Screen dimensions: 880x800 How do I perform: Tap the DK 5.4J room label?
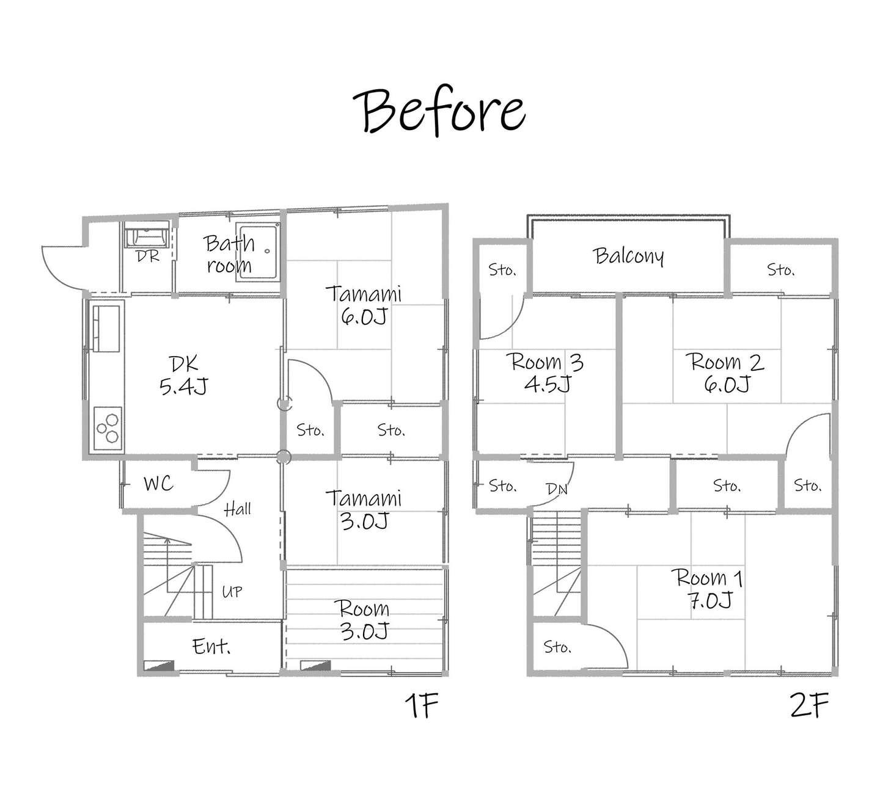[x=183, y=376]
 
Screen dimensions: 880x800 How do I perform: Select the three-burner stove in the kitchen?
[x=108, y=428]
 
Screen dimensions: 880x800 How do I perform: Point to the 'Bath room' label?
[x=229, y=254]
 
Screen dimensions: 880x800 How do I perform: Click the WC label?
[x=158, y=484]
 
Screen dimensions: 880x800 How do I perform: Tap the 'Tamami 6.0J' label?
[x=364, y=305]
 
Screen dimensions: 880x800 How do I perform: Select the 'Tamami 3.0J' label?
[x=364, y=509]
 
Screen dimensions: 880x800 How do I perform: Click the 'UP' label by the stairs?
[x=232, y=592]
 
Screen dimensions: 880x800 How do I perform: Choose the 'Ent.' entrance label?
[x=211, y=646]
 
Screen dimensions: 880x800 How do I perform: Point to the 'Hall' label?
[x=237, y=509]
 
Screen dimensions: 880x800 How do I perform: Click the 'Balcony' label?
[x=628, y=256]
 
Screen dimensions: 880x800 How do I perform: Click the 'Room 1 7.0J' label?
[x=706, y=589]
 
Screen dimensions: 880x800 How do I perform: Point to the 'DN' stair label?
[x=557, y=489]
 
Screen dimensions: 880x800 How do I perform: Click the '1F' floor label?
[x=421, y=705]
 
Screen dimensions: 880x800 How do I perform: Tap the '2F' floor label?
[x=809, y=705]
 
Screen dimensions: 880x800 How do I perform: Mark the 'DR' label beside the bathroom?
[x=148, y=256]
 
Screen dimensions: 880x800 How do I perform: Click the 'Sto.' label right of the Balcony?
[x=781, y=269]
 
